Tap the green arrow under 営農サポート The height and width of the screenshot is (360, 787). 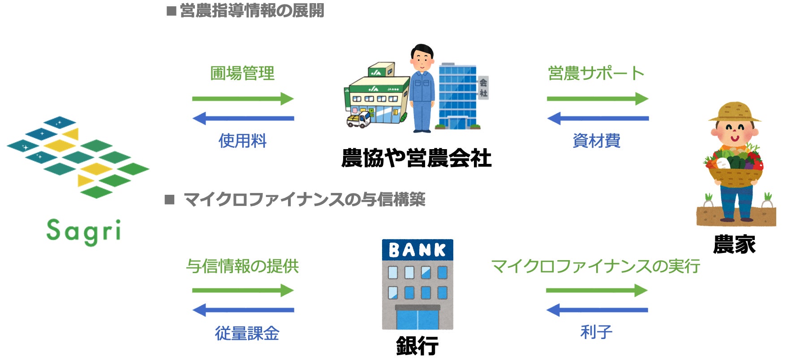(x=598, y=99)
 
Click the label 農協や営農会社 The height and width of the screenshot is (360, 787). (x=416, y=158)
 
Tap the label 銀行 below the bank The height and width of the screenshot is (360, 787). (x=417, y=346)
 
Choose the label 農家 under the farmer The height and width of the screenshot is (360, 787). (x=734, y=244)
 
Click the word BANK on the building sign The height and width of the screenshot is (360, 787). (x=417, y=250)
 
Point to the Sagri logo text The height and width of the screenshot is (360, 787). (x=84, y=231)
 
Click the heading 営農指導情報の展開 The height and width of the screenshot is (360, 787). (x=252, y=11)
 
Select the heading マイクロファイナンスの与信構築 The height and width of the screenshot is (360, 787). (x=304, y=199)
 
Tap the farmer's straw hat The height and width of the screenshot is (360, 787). (x=734, y=112)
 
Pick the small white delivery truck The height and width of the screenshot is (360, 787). (x=359, y=120)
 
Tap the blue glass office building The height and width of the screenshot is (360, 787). (x=457, y=96)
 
